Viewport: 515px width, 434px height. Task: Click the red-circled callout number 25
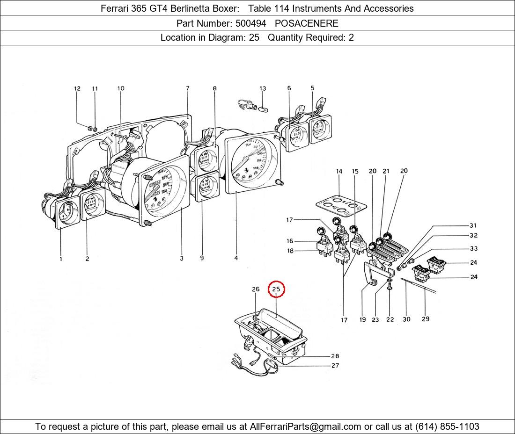276,289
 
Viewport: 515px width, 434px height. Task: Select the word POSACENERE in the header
306,23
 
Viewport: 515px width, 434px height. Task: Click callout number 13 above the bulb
263,89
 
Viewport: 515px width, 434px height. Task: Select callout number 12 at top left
77,89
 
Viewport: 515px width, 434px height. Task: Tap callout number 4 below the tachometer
236,258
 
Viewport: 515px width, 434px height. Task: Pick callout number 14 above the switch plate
339,172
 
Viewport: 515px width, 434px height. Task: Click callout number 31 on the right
473,226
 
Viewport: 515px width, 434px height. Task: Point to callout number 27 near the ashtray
335,366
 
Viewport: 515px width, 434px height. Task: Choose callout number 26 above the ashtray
256,289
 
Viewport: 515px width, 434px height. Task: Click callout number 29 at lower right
425,319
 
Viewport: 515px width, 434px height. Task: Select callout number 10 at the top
121,89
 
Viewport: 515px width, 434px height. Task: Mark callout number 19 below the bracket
362,320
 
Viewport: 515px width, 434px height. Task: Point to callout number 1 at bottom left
61,259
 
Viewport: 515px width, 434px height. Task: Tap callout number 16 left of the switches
290,241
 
